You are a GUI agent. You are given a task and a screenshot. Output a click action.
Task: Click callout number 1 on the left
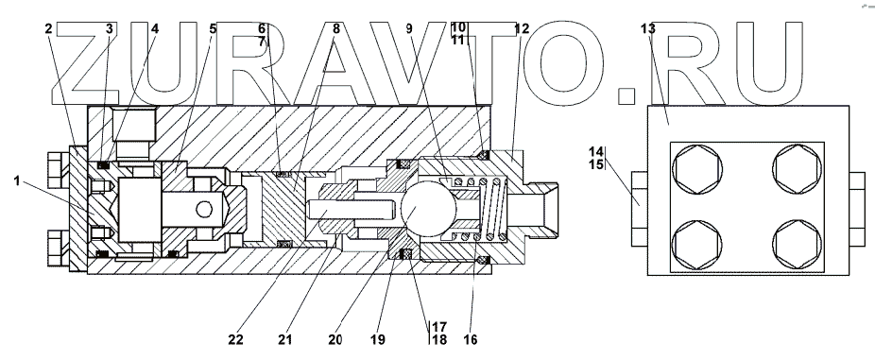[17, 180]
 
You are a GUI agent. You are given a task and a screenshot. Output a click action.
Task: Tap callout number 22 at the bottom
[236, 339]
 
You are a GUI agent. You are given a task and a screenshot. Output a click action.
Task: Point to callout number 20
[335, 339]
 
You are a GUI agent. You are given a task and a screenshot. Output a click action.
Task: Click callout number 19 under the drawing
[378, 339]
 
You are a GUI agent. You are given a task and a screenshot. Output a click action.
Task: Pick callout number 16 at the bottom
[471, 339]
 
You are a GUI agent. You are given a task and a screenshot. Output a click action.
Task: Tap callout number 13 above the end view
[648, 28]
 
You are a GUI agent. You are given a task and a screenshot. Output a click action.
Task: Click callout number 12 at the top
[522, 28]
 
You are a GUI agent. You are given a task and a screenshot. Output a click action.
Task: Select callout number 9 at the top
[409, 28]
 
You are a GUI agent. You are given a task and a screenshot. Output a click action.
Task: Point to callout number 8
[335, 28]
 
